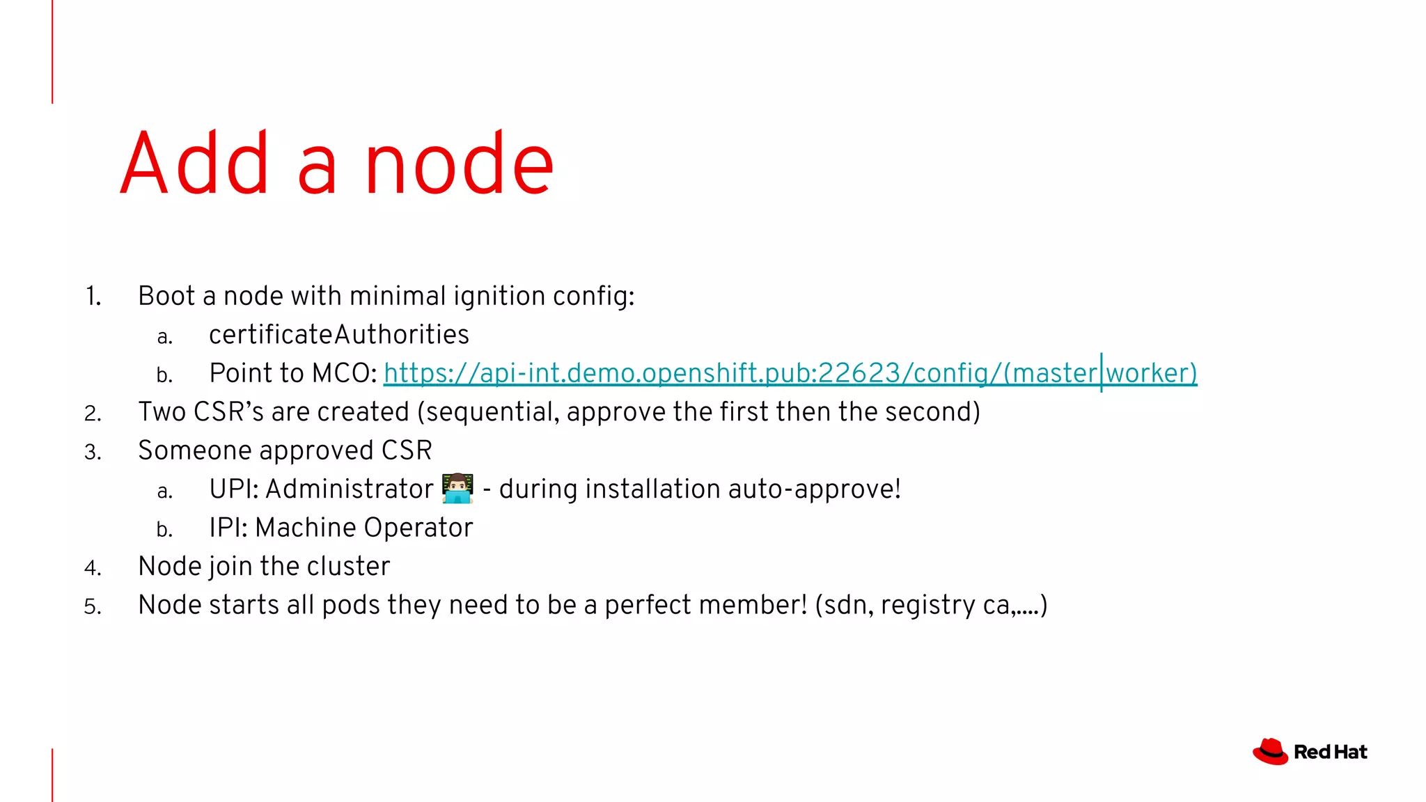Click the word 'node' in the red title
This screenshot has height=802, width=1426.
click(x=460, y=164)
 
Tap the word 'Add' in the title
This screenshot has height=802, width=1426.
click(x=194, y=164)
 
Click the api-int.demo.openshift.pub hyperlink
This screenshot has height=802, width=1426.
click(x=790, y=373)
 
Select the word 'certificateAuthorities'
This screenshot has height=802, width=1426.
click(x=339, y=335)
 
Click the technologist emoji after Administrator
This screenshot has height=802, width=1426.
click(x=457, y=489)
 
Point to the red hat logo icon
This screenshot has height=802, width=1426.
click(x=1270, y=752)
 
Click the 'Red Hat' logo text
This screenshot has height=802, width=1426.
click(x=1330, y=752)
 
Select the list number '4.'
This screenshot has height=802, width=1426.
click(x=93, y=568)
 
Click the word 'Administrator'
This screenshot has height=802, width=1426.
click(x=349, y=489)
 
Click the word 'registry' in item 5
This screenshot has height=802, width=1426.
click(x=927, y=606)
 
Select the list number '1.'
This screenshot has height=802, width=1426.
click(x=93, y=297)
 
